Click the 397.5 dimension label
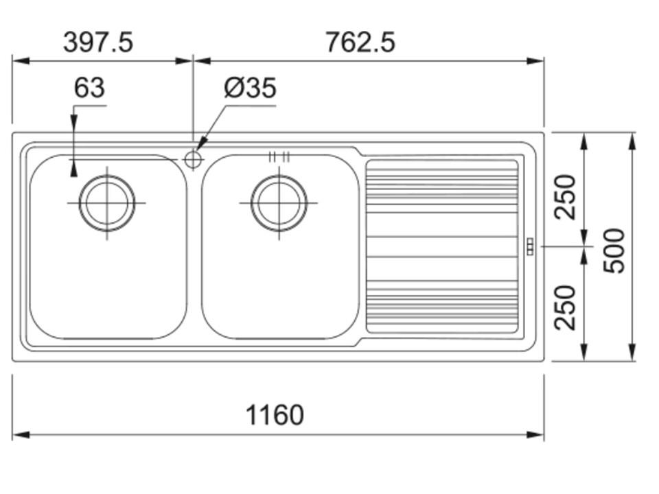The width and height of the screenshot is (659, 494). pyautogui.click(x=98, y=43)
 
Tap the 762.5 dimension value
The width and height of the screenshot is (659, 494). pyautogui.click(x=360, y=43)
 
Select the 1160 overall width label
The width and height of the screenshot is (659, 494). pyautogui.click(x=275, y=415)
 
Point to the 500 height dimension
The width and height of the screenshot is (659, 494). pyautogui.click(x=614, y=251)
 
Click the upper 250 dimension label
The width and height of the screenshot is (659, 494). pyautogui.click(x=565, y=197)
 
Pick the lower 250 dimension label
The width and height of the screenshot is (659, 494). pyautogui.click(x=565, y=307)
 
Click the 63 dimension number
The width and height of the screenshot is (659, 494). pyautogui.click(x=89, y=88)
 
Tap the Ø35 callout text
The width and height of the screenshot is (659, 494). pyautogui.click(x=250, y=88)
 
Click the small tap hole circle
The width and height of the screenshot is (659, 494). pyautogui.click(x=193, y=159)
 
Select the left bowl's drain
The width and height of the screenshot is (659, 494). pyautogui.click(x=107, y=203)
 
